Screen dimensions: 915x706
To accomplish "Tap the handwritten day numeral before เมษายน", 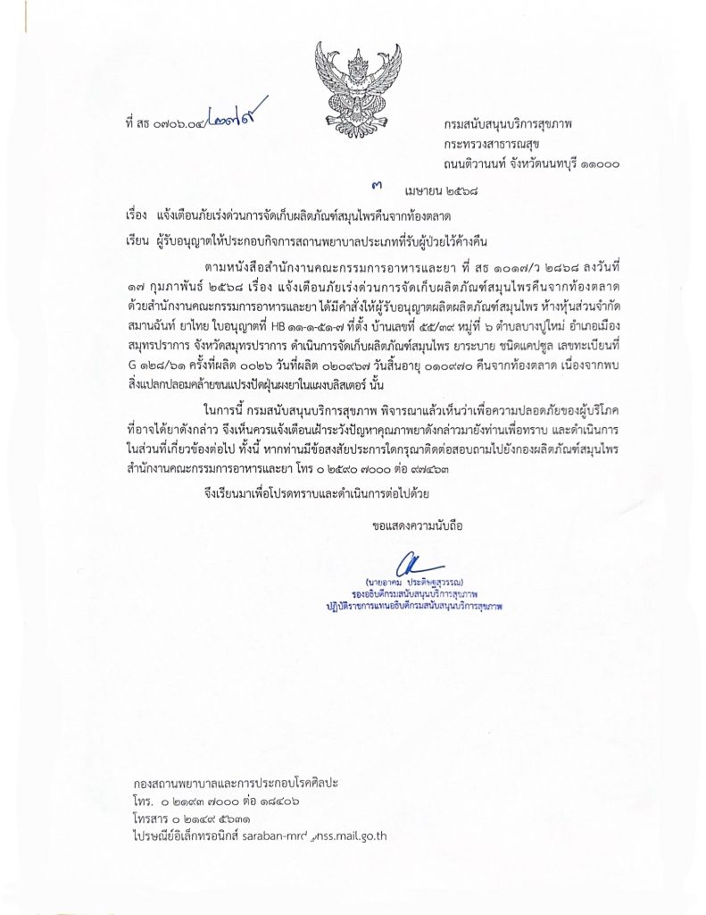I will [x=377, y=186].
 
